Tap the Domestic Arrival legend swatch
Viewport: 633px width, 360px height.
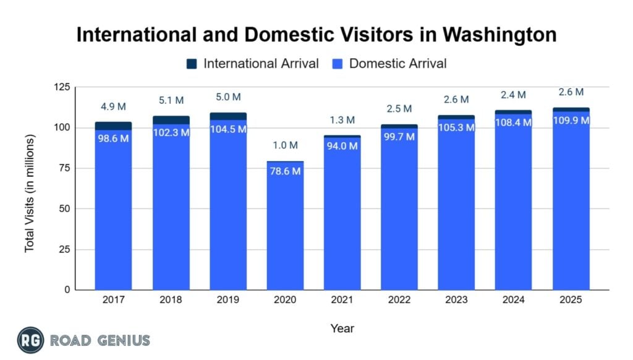click(337, 63)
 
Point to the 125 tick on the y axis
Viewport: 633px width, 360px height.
click(62, 87)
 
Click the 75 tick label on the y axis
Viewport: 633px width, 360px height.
click(64, 168)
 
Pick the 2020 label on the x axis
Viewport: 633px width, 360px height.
click(285, 300)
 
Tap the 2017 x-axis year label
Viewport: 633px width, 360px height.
click(113, 300)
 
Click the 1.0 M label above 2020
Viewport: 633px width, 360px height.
click(285, 145)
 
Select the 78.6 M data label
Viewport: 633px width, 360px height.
click(285, 171)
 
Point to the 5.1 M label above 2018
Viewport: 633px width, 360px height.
click(171, 100)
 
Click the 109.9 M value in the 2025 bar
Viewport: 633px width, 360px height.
click(571, 120)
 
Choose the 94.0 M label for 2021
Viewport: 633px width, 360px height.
click(342, 146)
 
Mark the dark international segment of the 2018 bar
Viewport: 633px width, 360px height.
click(171, 120)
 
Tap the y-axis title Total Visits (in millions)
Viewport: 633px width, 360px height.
click(29, 192)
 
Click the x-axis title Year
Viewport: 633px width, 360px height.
click(342, 328)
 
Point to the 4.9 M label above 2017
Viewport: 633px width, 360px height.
click(114, 106)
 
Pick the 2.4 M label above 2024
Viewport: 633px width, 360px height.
click(514, 95)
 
